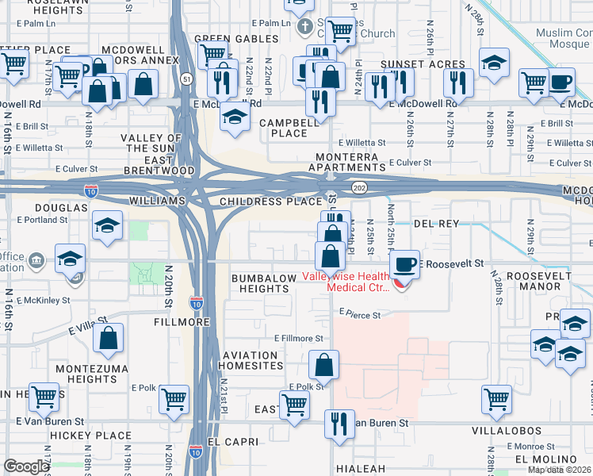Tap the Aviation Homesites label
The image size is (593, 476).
click(252, 359)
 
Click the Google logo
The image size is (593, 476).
click(26, 466)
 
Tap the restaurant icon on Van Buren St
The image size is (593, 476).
click(340, 423)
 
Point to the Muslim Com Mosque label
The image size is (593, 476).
click(564, 38)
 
